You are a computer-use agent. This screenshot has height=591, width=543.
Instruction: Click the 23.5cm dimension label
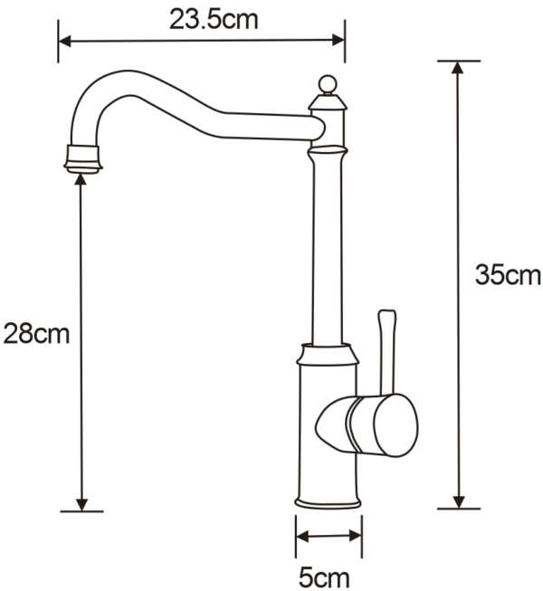click(214, 20)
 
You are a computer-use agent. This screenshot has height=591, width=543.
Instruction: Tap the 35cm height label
click(508, 275)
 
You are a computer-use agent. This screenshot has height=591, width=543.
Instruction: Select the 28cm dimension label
click(36, 334)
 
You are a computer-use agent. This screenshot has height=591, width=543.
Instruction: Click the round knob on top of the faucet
click(328, 84)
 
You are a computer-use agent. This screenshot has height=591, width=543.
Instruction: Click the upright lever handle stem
click(387, 353)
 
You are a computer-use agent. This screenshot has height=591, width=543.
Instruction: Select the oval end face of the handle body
click(395, 425)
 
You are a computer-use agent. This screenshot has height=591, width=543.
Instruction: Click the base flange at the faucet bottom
click(328, 502)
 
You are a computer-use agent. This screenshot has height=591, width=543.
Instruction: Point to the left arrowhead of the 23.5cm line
click(65, 41)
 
